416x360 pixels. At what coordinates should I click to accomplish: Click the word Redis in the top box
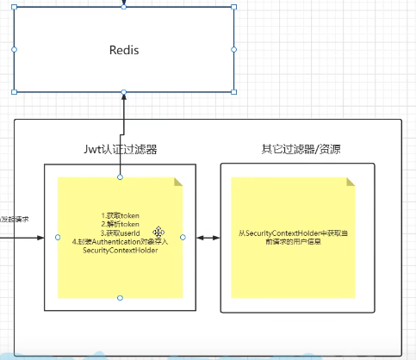(x=124, y=50)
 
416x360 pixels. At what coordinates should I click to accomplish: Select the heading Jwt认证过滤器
(x=120, y=149)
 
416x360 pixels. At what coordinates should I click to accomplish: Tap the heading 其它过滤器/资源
(x=301, y=149)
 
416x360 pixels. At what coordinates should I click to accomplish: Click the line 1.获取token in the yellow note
(x=121, y=214)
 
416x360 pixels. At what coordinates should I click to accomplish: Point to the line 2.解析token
(x=121, y=224)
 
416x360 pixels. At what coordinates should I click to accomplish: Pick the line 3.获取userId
(x=121, y=233)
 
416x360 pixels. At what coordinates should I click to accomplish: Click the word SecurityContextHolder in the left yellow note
(x=121, y=251)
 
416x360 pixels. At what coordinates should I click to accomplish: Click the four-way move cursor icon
(x=159, y=233)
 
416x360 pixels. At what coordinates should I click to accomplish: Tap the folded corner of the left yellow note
(x=178, y=183)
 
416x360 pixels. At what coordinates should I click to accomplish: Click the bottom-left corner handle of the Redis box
(x=15, y=90)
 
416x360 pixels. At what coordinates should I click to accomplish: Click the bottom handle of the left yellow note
(x=121, y=298)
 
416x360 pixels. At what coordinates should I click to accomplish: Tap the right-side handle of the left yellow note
(x=183, y=237)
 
